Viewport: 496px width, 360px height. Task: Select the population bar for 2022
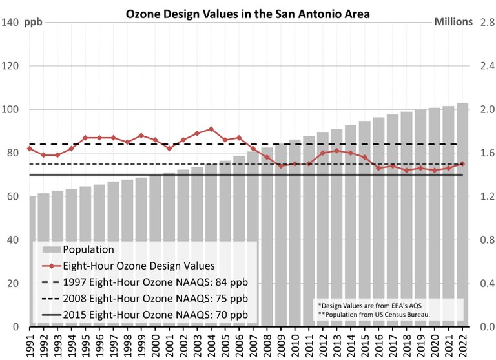coord(462,213)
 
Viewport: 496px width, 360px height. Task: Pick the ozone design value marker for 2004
coord(212,129)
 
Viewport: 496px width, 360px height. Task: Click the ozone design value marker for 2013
coord(337,151)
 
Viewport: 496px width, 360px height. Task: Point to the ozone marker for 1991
coord(29,149)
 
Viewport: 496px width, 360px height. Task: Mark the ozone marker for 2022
coord(462,164)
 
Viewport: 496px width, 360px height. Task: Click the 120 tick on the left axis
coord(11,66)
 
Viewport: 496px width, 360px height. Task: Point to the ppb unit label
coord(34,23)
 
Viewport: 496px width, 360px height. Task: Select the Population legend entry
coord(88,249)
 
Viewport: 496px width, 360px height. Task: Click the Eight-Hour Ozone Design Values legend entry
coord(130,266)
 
